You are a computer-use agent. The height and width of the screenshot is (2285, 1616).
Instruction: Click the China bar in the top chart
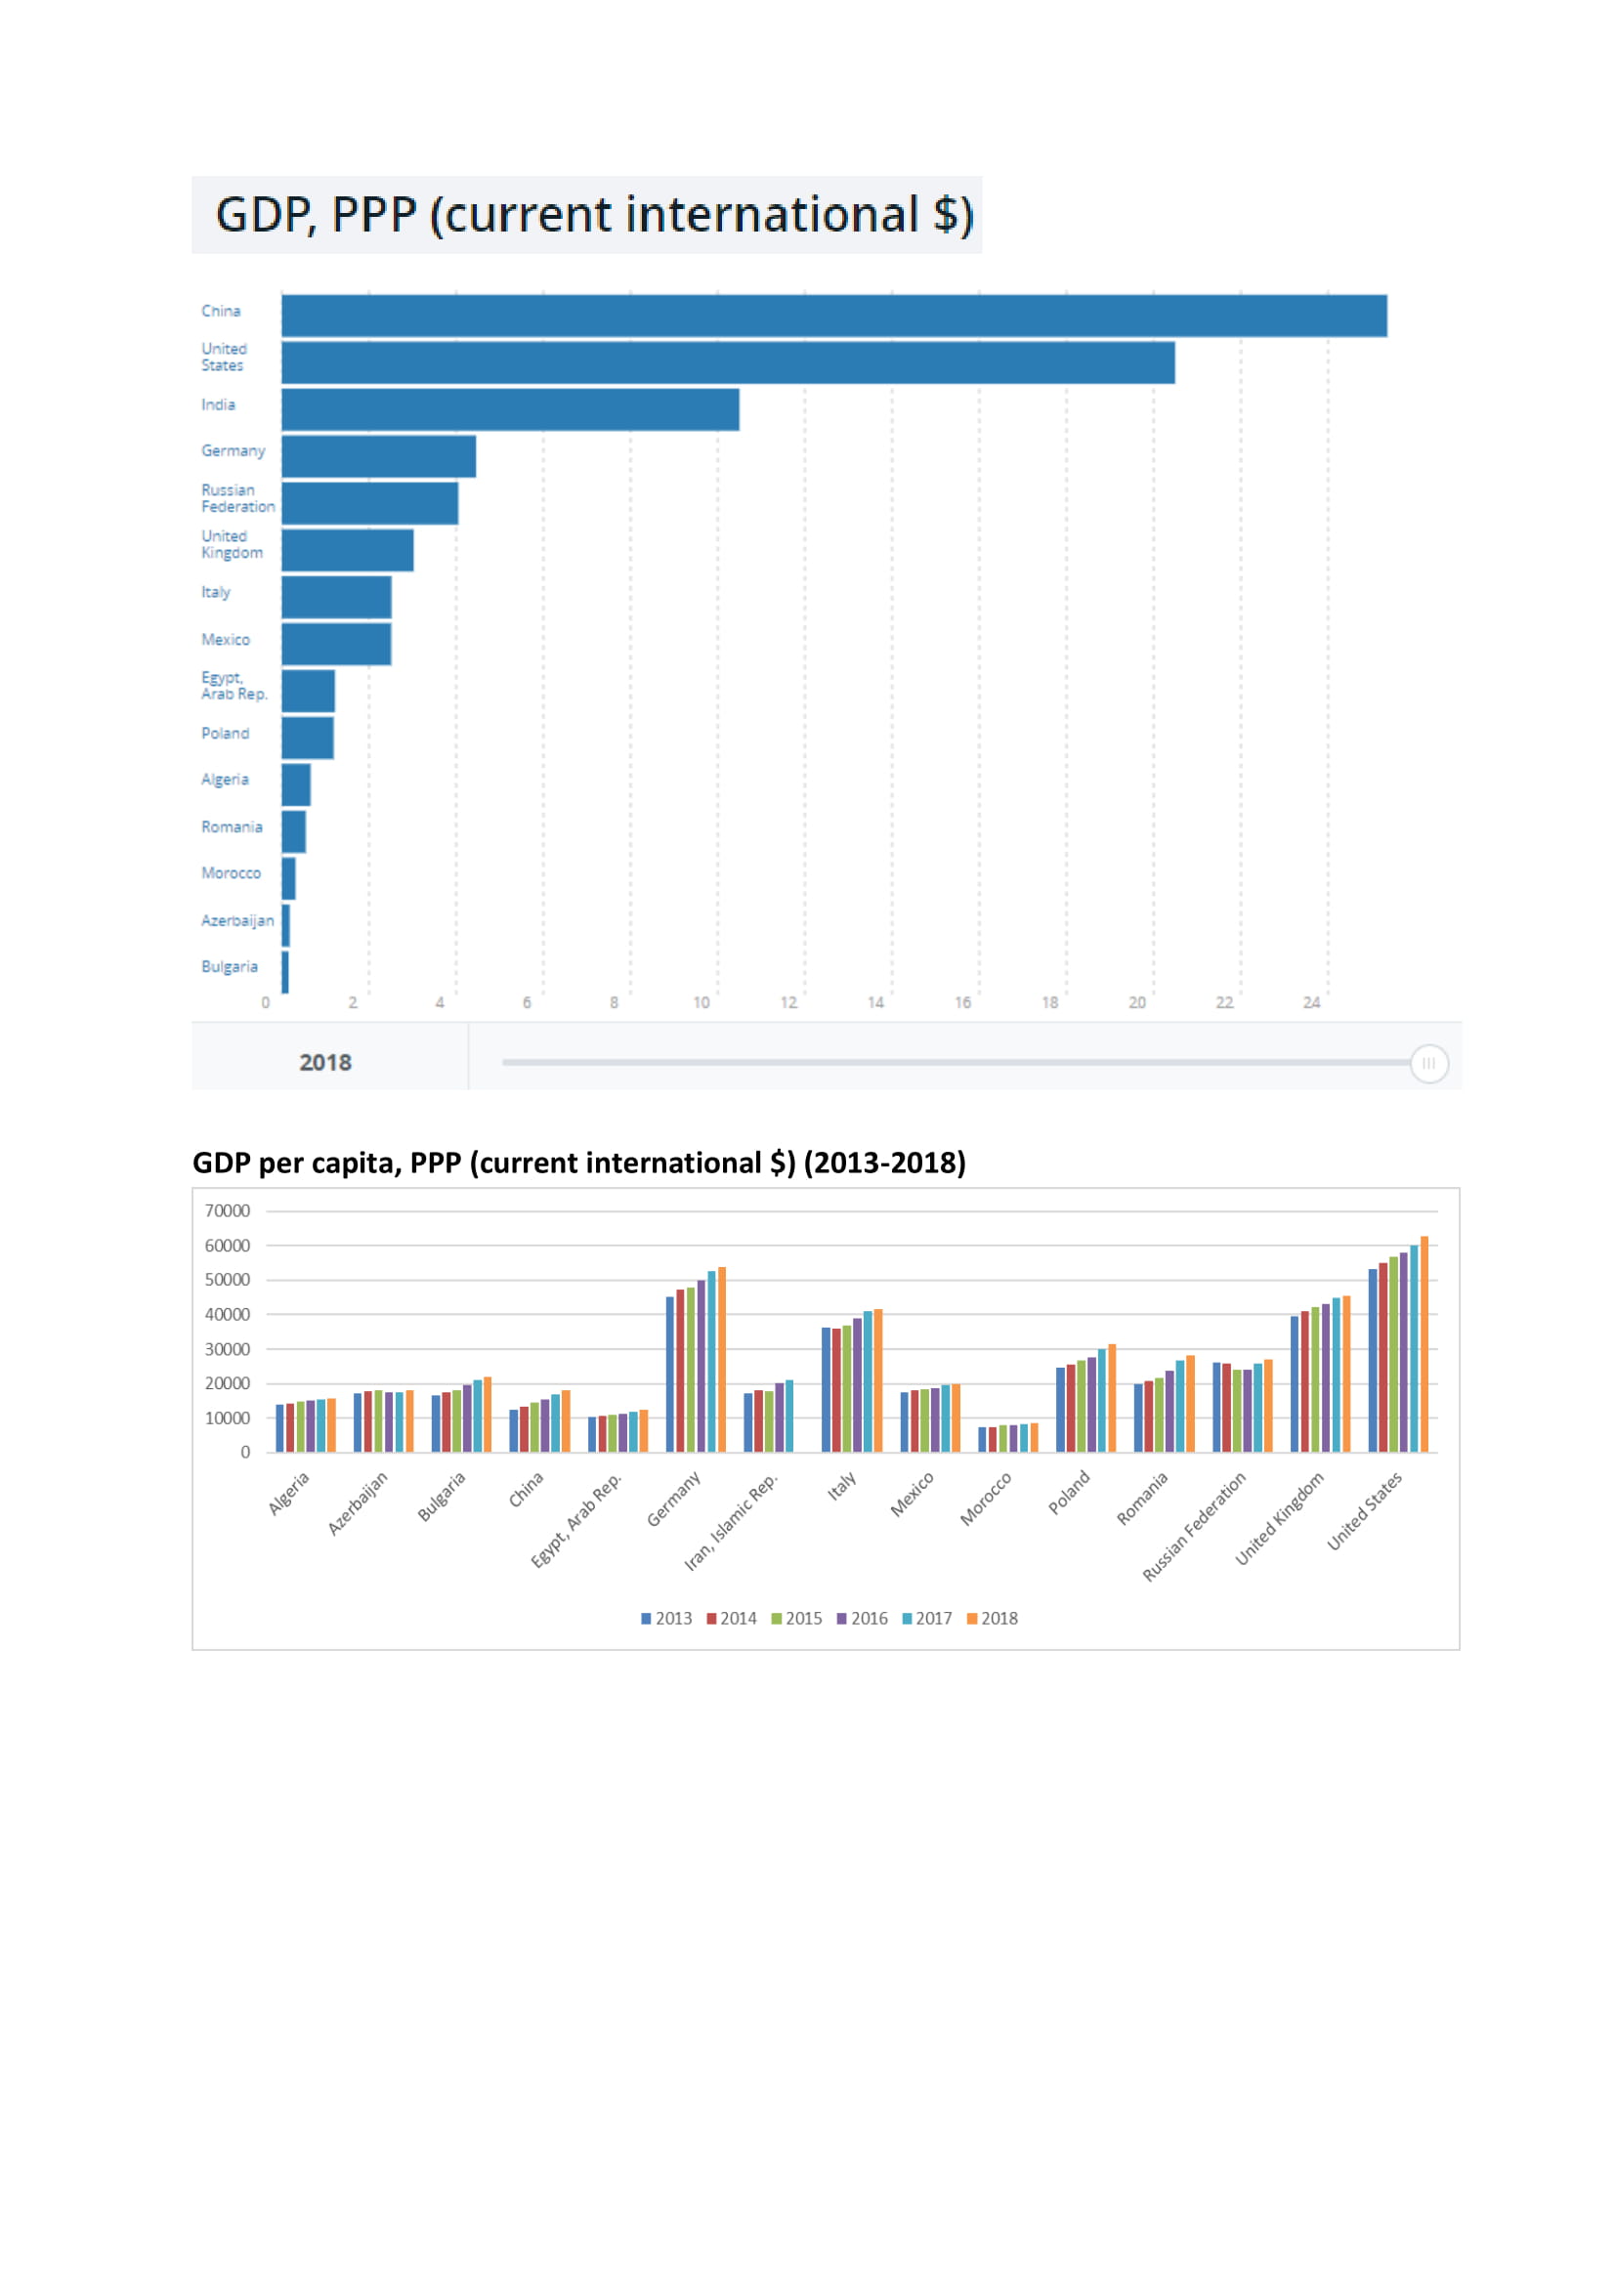[x=833, y=316]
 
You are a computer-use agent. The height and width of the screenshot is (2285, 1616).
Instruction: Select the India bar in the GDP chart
[x=509, y=409]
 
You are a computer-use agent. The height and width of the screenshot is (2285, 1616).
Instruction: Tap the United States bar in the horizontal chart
[x=728, y=362]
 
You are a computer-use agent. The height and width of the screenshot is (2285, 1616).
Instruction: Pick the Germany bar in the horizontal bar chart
[x=378, y=456]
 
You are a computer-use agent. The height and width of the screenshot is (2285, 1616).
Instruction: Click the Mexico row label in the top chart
[x=225, y=640]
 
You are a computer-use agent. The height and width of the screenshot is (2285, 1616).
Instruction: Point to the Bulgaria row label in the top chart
[x=229, y=966]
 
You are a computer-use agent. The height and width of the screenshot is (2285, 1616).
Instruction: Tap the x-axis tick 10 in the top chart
[x=702, y=1002]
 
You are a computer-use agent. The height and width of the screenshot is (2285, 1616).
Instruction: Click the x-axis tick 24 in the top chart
[x=1311, y=1002]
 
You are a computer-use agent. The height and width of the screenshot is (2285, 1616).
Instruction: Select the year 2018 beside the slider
[x=325, y=1062]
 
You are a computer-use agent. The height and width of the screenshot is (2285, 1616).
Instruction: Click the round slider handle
[x=1429, y=1063]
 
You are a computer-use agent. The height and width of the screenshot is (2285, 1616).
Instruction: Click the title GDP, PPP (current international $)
[x=594, y=215]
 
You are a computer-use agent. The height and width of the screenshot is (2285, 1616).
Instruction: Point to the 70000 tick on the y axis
[x=227, y=1210]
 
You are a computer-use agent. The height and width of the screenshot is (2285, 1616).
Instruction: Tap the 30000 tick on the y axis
[x=227, y=1348]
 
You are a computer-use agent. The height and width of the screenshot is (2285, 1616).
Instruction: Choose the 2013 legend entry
[x=666, y=1618]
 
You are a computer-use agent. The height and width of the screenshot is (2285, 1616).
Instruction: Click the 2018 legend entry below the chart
[x=993, y=1618]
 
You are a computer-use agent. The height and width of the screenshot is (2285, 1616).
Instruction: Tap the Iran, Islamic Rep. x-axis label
[x=731, y=1522]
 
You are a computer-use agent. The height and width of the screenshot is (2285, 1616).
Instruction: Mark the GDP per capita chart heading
[x=578, y=1163]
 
